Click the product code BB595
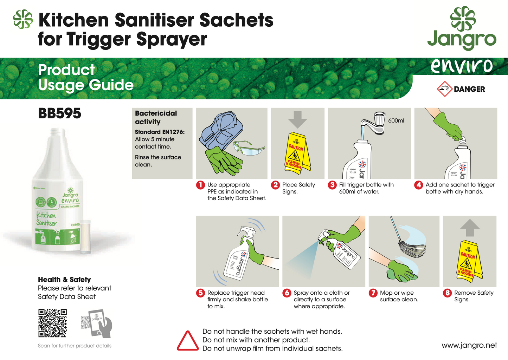(59, 113)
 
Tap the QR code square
(52, 323)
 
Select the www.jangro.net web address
(469, 345)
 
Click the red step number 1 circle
(200, 185)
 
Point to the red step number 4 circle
(418, 185)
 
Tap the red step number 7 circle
(373, 293)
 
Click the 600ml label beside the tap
(396, 120)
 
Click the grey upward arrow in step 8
(470, 228)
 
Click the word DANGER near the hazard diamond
(469, 89)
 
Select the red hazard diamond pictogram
(444, 89)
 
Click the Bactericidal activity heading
(156, 117)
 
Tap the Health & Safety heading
(64, 280)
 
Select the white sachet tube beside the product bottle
(85, 236)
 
